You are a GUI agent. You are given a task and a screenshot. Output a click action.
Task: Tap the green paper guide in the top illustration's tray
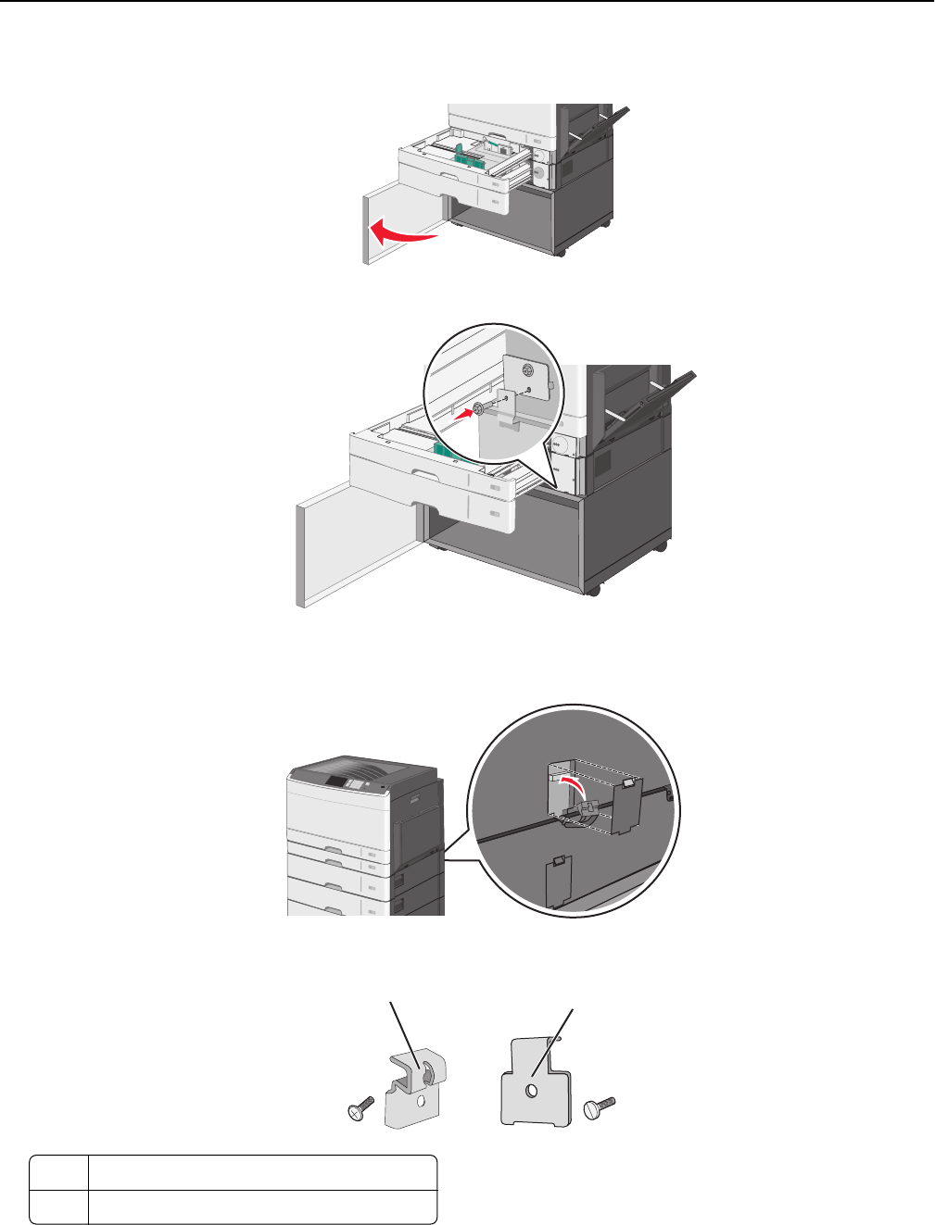click(x=472, y=156)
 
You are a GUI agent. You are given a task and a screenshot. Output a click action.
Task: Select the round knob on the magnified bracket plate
click(x=527, y=370)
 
